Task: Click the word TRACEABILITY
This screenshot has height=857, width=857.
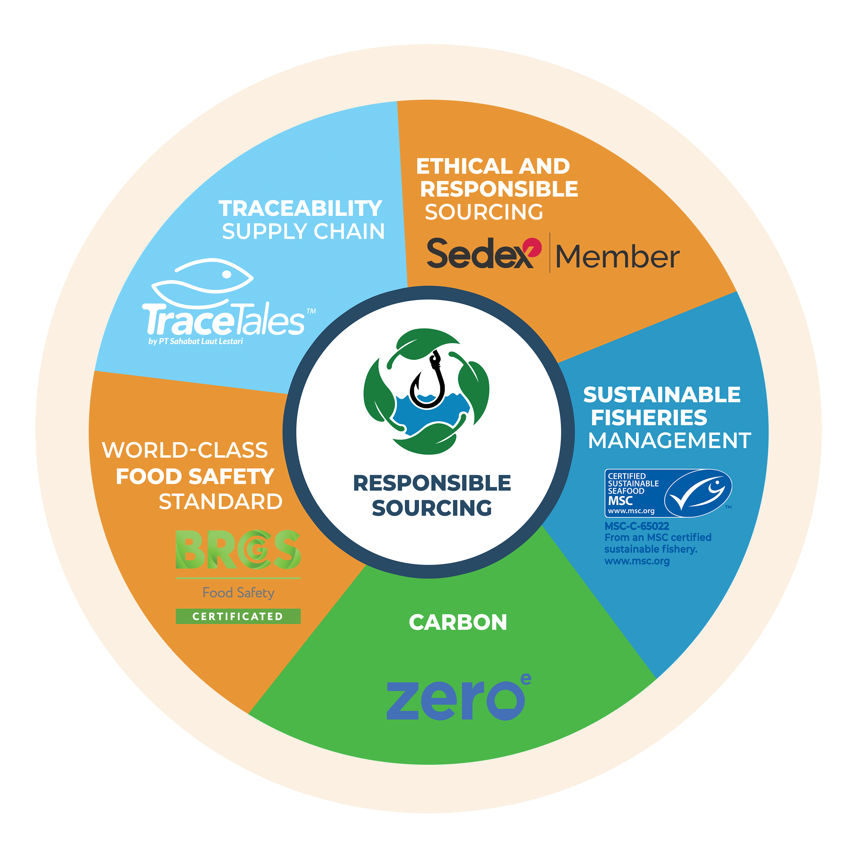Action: coord(300,209)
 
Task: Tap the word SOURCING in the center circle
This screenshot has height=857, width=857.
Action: coord(432,508)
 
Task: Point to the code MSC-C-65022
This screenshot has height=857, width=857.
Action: coord(637,526)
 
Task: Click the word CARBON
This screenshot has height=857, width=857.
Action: coord(458,622)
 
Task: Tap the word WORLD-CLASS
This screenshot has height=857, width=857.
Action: coord(185,450)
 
